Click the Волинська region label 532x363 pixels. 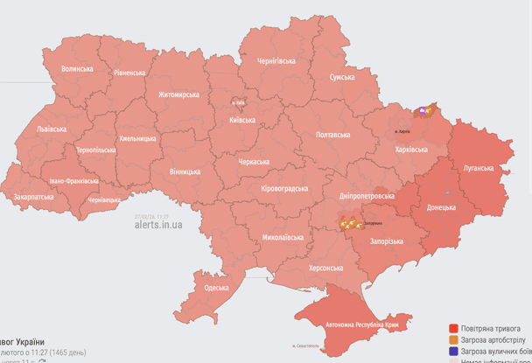[77, 68]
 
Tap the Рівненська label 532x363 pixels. [129, 73]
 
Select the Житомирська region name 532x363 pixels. [178, 94]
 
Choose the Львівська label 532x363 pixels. [51, 129]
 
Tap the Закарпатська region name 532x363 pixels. [33, 197]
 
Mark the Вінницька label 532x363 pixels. [184, 171]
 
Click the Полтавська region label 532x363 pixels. [332, 135]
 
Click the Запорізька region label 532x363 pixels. [386, 241]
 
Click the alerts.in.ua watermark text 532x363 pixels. [158, 225]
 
